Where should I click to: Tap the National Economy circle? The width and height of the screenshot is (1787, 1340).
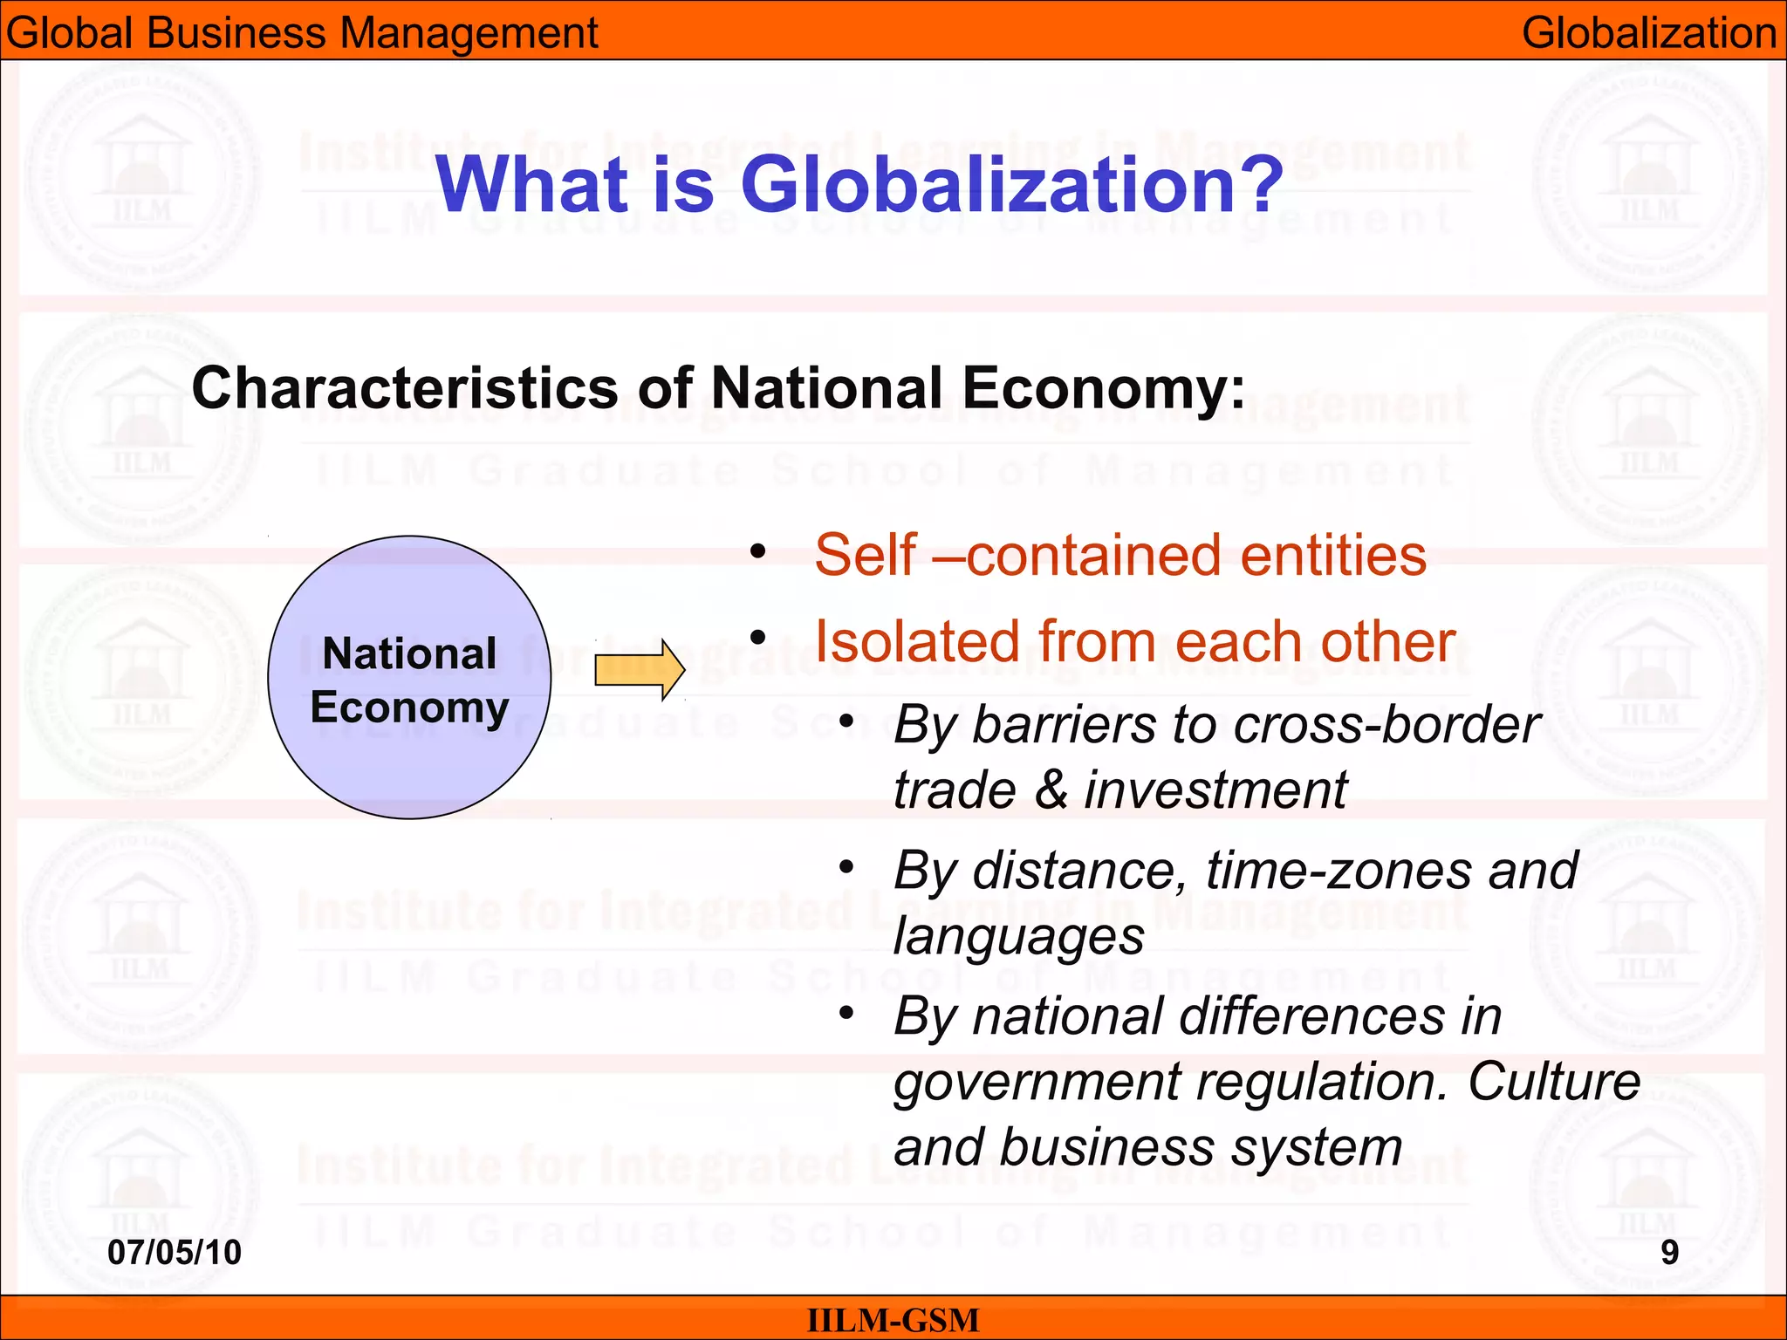409,678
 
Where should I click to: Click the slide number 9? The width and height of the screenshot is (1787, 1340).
1669,1252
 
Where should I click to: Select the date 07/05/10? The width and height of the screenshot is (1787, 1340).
175,1252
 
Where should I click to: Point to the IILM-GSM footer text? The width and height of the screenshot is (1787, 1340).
893,1320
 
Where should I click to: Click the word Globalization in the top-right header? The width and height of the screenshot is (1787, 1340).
1649,33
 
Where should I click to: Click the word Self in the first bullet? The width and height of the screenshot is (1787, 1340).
865,555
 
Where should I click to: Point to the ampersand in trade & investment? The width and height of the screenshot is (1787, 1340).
1051,790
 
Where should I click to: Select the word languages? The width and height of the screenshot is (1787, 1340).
1018,937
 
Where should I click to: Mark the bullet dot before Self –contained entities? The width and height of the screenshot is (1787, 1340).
757,551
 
